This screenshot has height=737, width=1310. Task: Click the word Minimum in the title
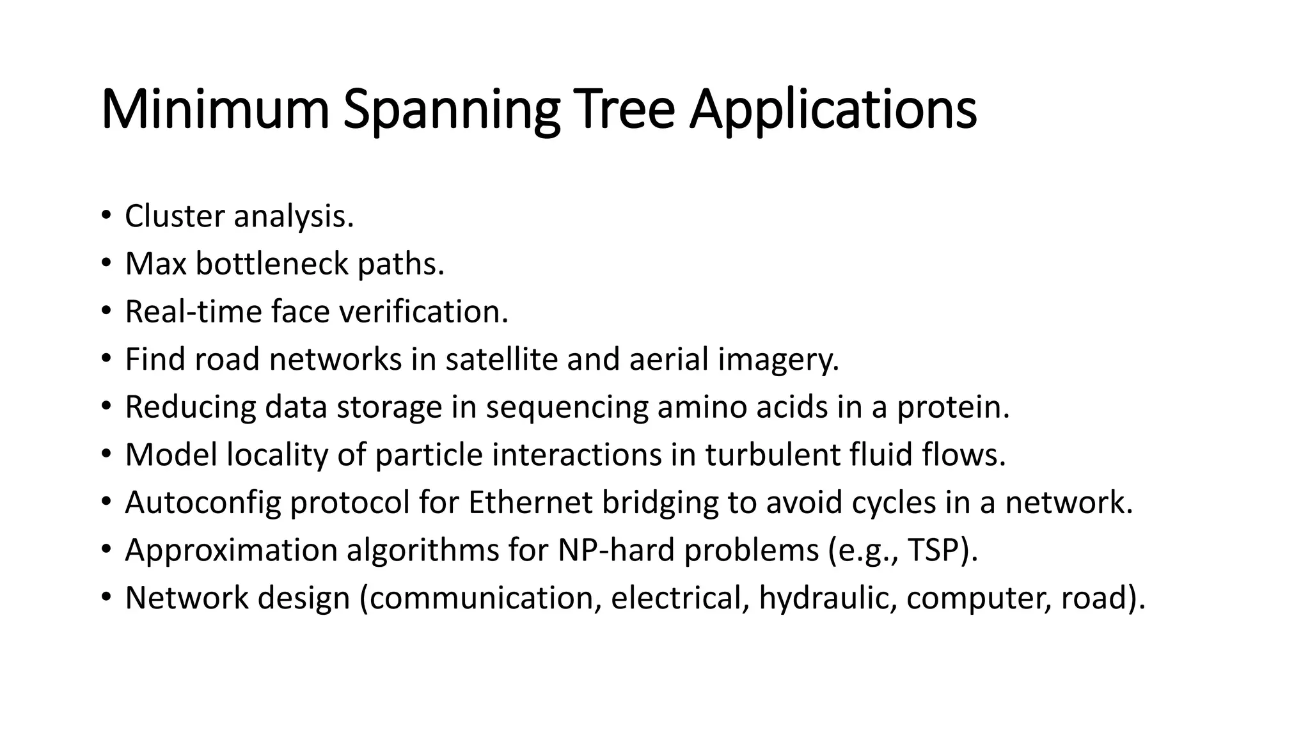pyautogui.click(x=215, y=109)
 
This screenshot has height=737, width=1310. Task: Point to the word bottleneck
pyautogui.click(x=272, y=264)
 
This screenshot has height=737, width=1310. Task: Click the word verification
pyautogui.click(x=423, y=312)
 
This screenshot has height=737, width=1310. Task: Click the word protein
pyautogui.click(x=952, y=407)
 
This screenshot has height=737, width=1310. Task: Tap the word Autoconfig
pyautogui.click(x=203, y=503)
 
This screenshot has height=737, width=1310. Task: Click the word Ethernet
pyautogui.click(x=530, y=502)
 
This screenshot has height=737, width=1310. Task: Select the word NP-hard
pyautogui.click(x=616, y=550)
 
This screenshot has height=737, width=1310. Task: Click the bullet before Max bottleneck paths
pyautogui.click(x=106, y=264)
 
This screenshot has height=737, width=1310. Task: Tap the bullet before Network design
pyautogui.click(x=106, y=598)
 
